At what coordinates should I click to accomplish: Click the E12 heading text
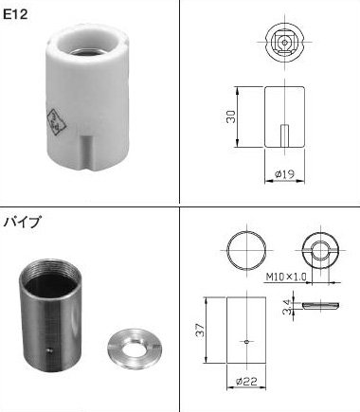point(15,14)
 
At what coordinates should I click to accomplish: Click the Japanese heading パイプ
point(22,222)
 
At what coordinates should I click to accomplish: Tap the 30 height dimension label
point(231,116)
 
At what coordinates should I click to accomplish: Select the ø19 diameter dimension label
point(285,173)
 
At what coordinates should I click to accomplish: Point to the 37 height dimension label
point(200,330)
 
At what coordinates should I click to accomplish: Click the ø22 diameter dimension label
point(246,381)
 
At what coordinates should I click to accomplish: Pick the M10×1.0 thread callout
point(286,277)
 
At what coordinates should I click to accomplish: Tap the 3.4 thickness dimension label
point(286,307)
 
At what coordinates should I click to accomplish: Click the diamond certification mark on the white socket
point(57,123)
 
